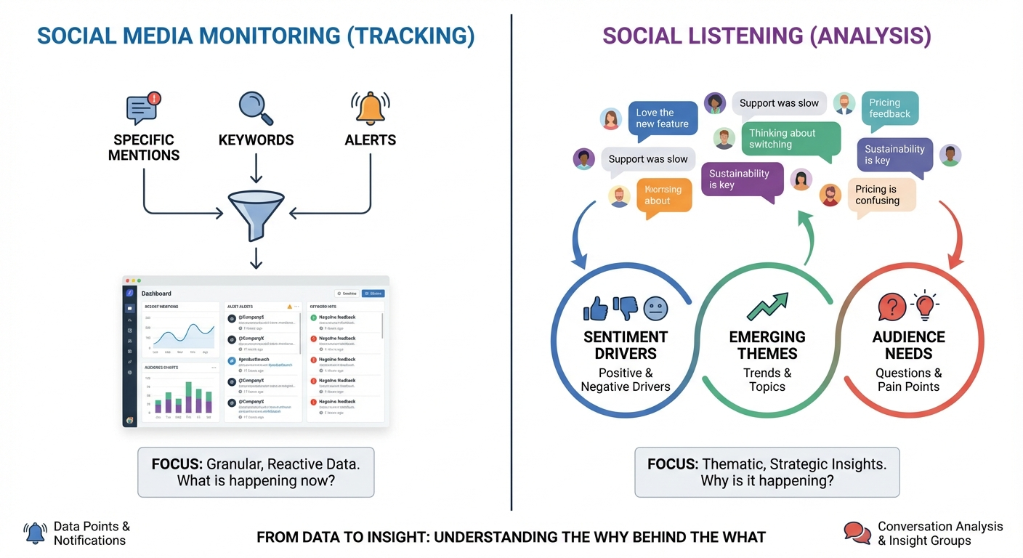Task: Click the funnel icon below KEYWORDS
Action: coord(256,211)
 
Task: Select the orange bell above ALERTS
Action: coord(371,108)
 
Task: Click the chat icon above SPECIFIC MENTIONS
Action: coord(143,108)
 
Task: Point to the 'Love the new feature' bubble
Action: coord(662,118)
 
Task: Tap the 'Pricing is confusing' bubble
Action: coord(881,195)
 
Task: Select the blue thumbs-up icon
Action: coord(596,309)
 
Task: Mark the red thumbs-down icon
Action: coord(626,309)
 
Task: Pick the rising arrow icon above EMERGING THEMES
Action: coord(767,307)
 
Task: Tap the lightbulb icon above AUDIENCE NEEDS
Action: coord(924,305)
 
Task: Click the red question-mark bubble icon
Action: coord(892,307)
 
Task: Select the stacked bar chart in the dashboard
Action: coord(181,400)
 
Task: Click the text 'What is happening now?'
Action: coord(256,481)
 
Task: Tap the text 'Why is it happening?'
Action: coord(767,481)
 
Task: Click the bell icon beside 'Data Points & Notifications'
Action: coord(35,533)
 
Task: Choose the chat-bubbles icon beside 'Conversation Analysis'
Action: coord(857,533)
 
